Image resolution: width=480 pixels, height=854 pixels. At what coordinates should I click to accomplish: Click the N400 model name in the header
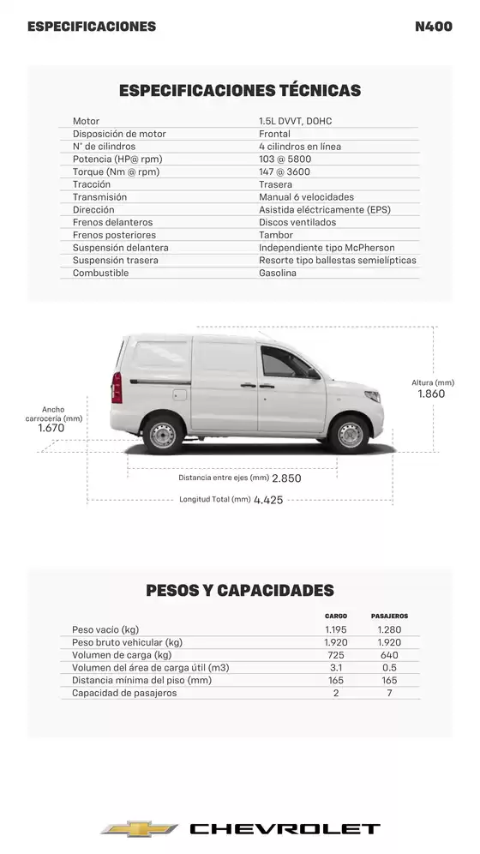click(433, 27)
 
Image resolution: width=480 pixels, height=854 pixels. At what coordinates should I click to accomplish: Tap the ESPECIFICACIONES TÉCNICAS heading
click(240, 90)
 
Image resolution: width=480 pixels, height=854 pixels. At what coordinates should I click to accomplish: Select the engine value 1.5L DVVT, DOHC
click(295, 121)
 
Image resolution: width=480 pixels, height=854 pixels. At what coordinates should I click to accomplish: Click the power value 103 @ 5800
click(285, 159)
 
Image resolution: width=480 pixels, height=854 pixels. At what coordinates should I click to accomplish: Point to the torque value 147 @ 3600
click(285, 171)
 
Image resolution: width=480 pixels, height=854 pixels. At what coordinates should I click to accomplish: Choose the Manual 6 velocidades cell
click(306, 197)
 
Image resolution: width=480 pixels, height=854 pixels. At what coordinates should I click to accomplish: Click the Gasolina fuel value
click(278, 273)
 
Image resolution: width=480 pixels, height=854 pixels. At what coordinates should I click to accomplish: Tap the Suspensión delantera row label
click(120, 248)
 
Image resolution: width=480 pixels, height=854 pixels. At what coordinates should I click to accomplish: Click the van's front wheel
click(350, 435)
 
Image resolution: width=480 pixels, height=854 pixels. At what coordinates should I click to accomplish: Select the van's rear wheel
click(162, 435)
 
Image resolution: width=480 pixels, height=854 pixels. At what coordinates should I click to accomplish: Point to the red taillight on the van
click(117, 387)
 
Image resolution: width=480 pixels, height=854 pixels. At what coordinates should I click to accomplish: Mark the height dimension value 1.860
click(431, 394)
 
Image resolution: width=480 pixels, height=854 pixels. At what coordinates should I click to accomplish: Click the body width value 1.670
click(51, 427)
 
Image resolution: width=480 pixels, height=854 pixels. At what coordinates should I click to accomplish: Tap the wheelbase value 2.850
click(286, 478)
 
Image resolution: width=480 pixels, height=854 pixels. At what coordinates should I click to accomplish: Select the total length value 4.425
click(268, 500)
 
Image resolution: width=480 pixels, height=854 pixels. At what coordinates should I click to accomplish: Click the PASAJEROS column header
click(389, 616)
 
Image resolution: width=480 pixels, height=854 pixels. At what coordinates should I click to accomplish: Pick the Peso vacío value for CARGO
click(336, 629)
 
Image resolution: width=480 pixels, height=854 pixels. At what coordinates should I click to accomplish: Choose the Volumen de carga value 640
click(389, 655)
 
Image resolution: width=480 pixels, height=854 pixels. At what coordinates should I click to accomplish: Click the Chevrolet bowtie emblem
click(139, 828)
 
